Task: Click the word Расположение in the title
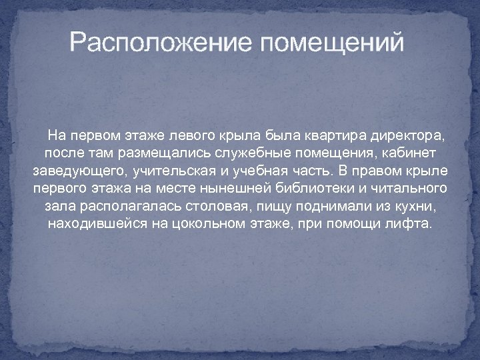coord(163,44)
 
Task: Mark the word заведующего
coord(77,171)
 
